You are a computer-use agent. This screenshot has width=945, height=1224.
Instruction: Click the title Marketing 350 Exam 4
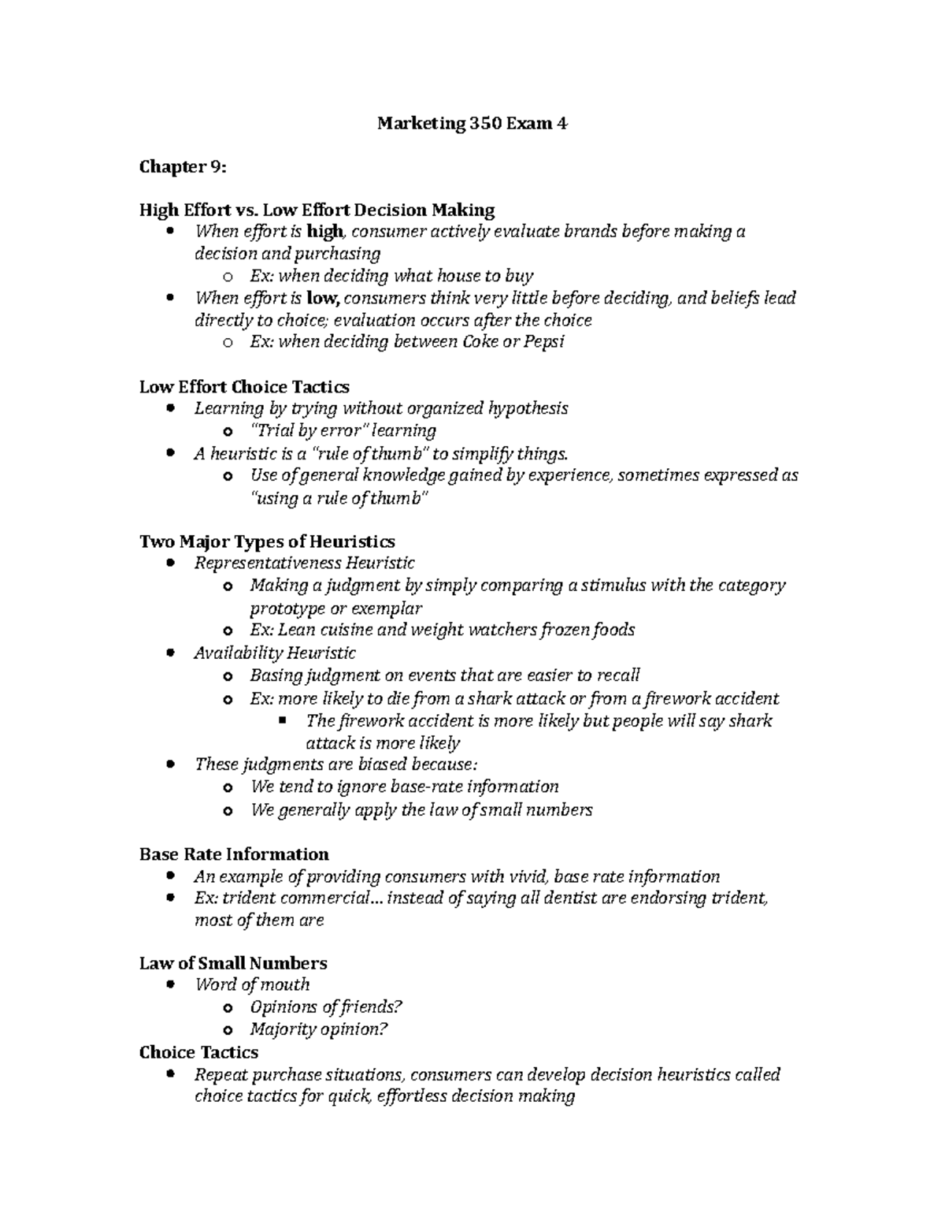472,124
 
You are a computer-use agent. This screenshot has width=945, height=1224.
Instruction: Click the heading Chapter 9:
183,167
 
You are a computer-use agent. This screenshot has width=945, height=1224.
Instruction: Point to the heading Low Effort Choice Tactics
244,387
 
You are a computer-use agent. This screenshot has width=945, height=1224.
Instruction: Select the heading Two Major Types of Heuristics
267,541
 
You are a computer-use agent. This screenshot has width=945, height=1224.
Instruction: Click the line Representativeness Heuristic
305,563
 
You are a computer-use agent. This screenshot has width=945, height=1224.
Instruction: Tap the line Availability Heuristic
275,653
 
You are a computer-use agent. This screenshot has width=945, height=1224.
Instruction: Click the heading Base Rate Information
234,854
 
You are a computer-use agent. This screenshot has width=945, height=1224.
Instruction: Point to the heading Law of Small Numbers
233,963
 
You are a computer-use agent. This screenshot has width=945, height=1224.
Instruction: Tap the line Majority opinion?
319,1029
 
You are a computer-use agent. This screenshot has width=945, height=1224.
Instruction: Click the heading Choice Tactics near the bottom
198,1052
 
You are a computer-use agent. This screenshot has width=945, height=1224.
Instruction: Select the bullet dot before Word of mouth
171,985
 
